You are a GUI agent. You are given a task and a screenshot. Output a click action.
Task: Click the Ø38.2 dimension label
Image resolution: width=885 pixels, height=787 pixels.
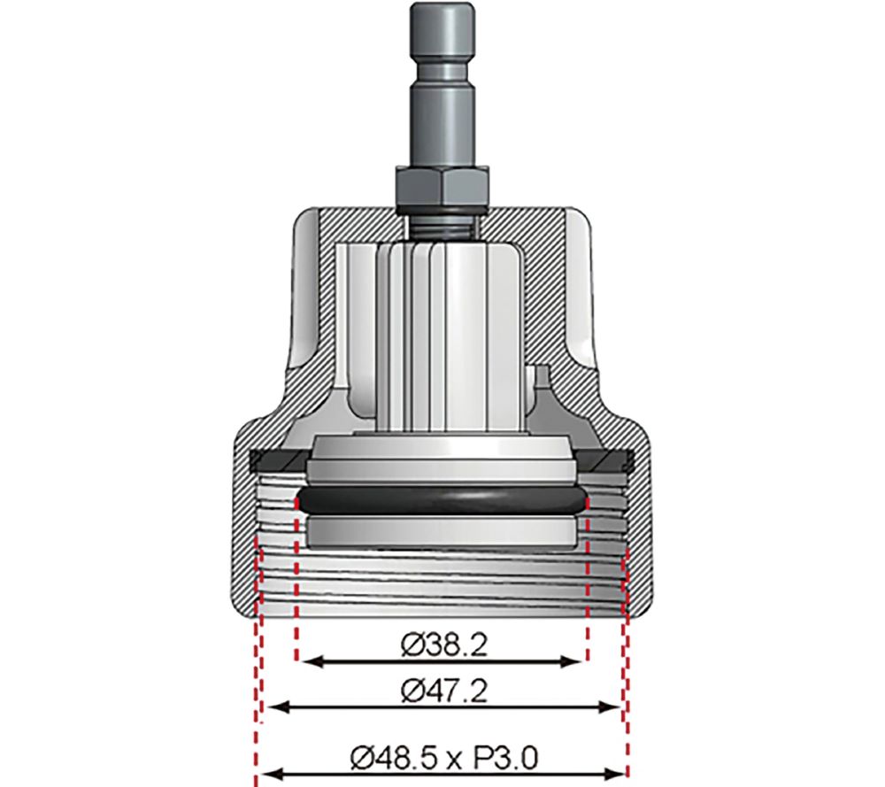point(442,646)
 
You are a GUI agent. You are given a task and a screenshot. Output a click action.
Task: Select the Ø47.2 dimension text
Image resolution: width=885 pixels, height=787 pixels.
point(442,691)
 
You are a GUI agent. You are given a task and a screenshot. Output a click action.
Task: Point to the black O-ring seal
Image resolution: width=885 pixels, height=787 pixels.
point(442,501)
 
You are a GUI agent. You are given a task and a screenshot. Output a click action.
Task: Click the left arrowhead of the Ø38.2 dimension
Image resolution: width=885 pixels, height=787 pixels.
point(306,661)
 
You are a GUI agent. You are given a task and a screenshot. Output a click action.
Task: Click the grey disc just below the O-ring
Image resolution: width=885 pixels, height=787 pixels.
point(442,531)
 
